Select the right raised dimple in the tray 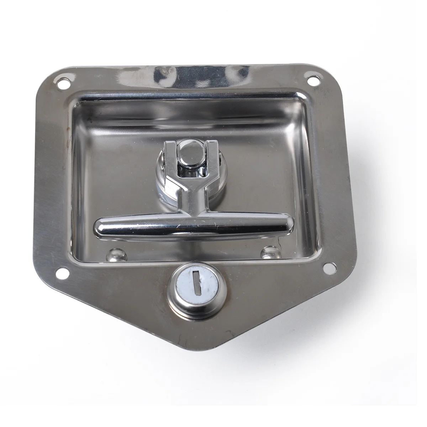[x=269, y=253]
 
